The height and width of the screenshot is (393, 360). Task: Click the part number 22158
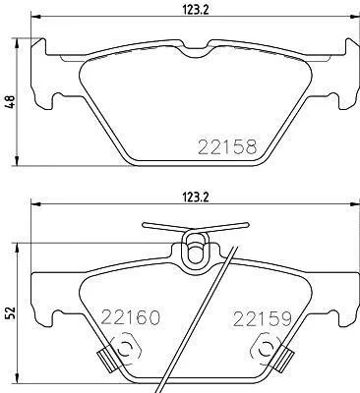[227, 146]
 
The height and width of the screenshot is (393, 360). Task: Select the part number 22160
[131, 317]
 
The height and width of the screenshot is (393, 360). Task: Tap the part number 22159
[262, 319]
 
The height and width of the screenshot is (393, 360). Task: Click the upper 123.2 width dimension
[195, 10]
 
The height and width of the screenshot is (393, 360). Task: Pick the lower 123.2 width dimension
[195, 197]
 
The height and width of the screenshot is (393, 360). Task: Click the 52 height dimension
[11, 313]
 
